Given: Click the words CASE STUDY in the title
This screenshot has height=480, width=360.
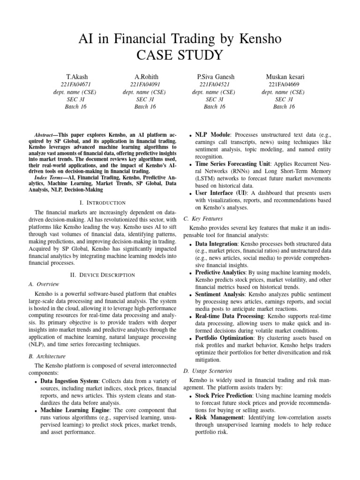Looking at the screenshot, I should pyautogui.click(x=180, y=55).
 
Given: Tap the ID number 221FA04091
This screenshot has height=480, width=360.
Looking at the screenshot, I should pyautogui.click(x=145, y=84).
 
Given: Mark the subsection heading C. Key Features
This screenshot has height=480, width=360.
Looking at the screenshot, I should pyautogui.click(x=202, y=219).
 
